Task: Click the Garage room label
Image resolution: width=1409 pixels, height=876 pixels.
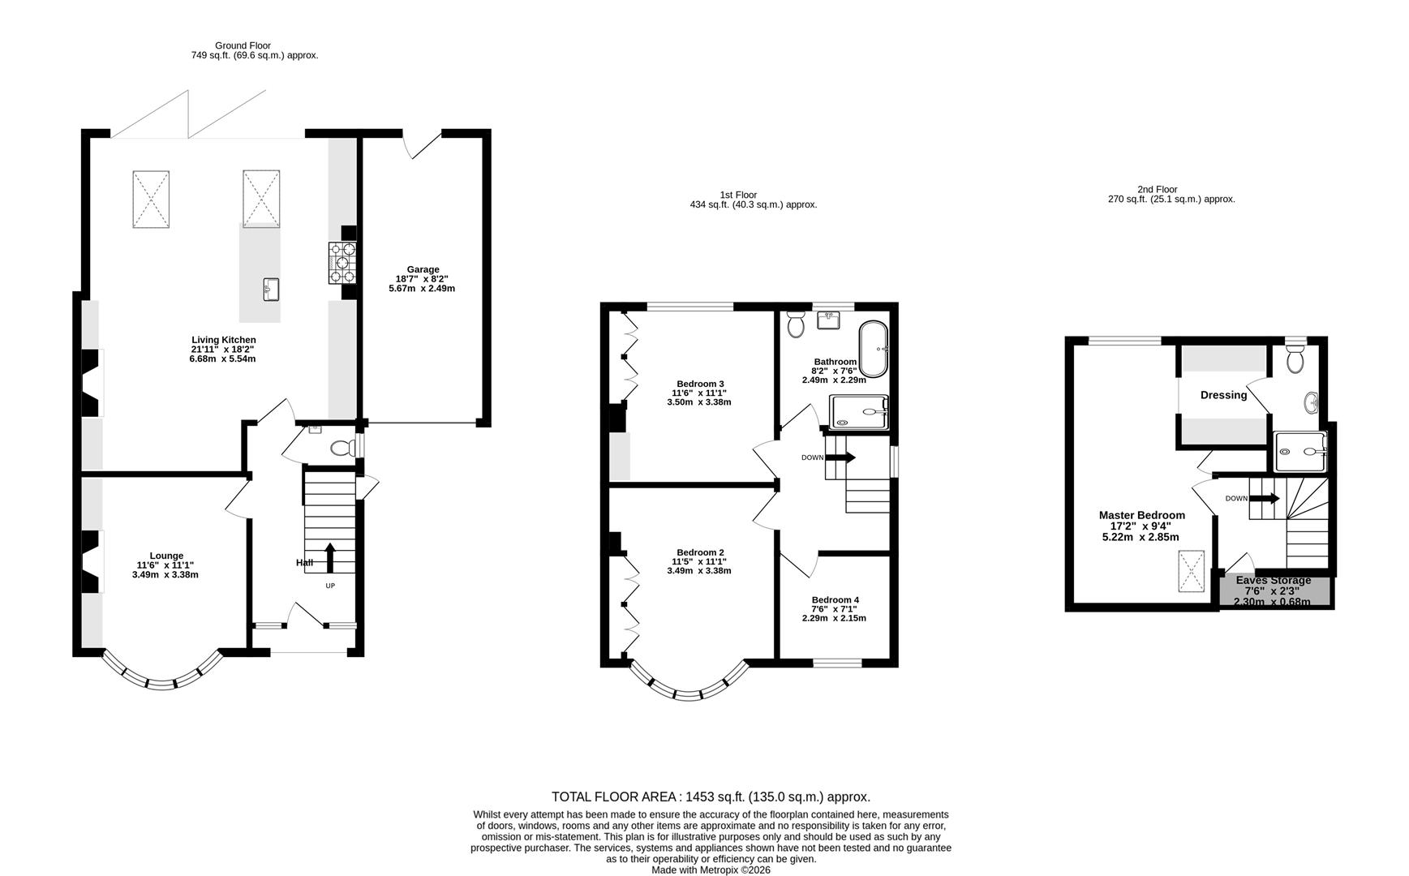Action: pyautogui.click(x=423, y=269)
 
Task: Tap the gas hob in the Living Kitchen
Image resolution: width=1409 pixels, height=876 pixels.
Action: pyautogui.click(x=342, y=263)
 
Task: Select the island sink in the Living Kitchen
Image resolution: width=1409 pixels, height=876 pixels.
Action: pyautogui.click(x=271, y=289)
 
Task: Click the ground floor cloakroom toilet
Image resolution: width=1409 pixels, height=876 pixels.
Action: pyautogui.click(x=342, y=448)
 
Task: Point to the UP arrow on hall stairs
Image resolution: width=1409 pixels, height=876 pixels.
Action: pyautogui.click(x=329, y=557)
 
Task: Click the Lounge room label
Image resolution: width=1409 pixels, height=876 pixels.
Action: pyautogui.click(x=165, y=556)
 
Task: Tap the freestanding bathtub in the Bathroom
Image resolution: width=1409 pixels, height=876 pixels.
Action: pyautogui.click(x=874, y=348)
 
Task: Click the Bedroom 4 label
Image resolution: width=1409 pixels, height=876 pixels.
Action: pyautogui.click(x=835, y=600)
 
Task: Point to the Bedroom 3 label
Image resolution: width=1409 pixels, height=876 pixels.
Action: pyautogui.click(x=700, y=384)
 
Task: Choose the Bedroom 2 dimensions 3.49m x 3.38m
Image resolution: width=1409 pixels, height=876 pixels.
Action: pyautogui.click(x=698, y=570)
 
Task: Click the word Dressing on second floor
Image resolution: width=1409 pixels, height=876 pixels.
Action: pyautogui.click(x=1223, y=395)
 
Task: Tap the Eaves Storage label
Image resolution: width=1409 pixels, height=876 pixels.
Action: pyautogui.click(x=1273, y=580)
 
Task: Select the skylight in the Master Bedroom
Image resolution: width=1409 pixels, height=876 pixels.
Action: pyautogui.click(x=1191, y=572)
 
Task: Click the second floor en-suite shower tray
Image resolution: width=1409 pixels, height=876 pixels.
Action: pyautogui.click(x=1300, y=451)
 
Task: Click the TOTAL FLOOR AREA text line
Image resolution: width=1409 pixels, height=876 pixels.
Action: pyautogui.click(x=711, y=797)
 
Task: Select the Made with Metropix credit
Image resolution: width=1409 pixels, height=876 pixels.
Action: pyautogui.click(x=711, y=870)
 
